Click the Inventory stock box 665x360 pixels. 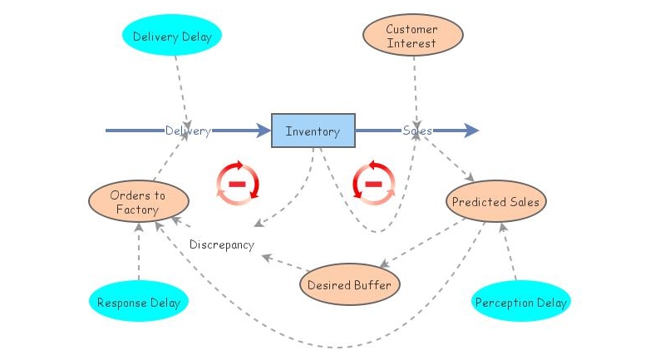313,131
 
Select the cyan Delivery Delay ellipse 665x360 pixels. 172,36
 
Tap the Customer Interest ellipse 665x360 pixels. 411,36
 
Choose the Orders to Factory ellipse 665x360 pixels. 138,202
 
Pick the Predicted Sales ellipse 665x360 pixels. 495,202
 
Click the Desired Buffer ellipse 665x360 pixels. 349,285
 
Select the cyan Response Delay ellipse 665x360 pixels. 138,302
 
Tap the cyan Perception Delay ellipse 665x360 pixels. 521,302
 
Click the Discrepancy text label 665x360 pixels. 221,244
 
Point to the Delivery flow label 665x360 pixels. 187,131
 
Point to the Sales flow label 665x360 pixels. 416,131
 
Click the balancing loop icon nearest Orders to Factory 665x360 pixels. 238,182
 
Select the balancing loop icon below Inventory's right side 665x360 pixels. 374,182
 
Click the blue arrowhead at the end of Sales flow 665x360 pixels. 471,131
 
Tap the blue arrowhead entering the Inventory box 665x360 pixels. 264,131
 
